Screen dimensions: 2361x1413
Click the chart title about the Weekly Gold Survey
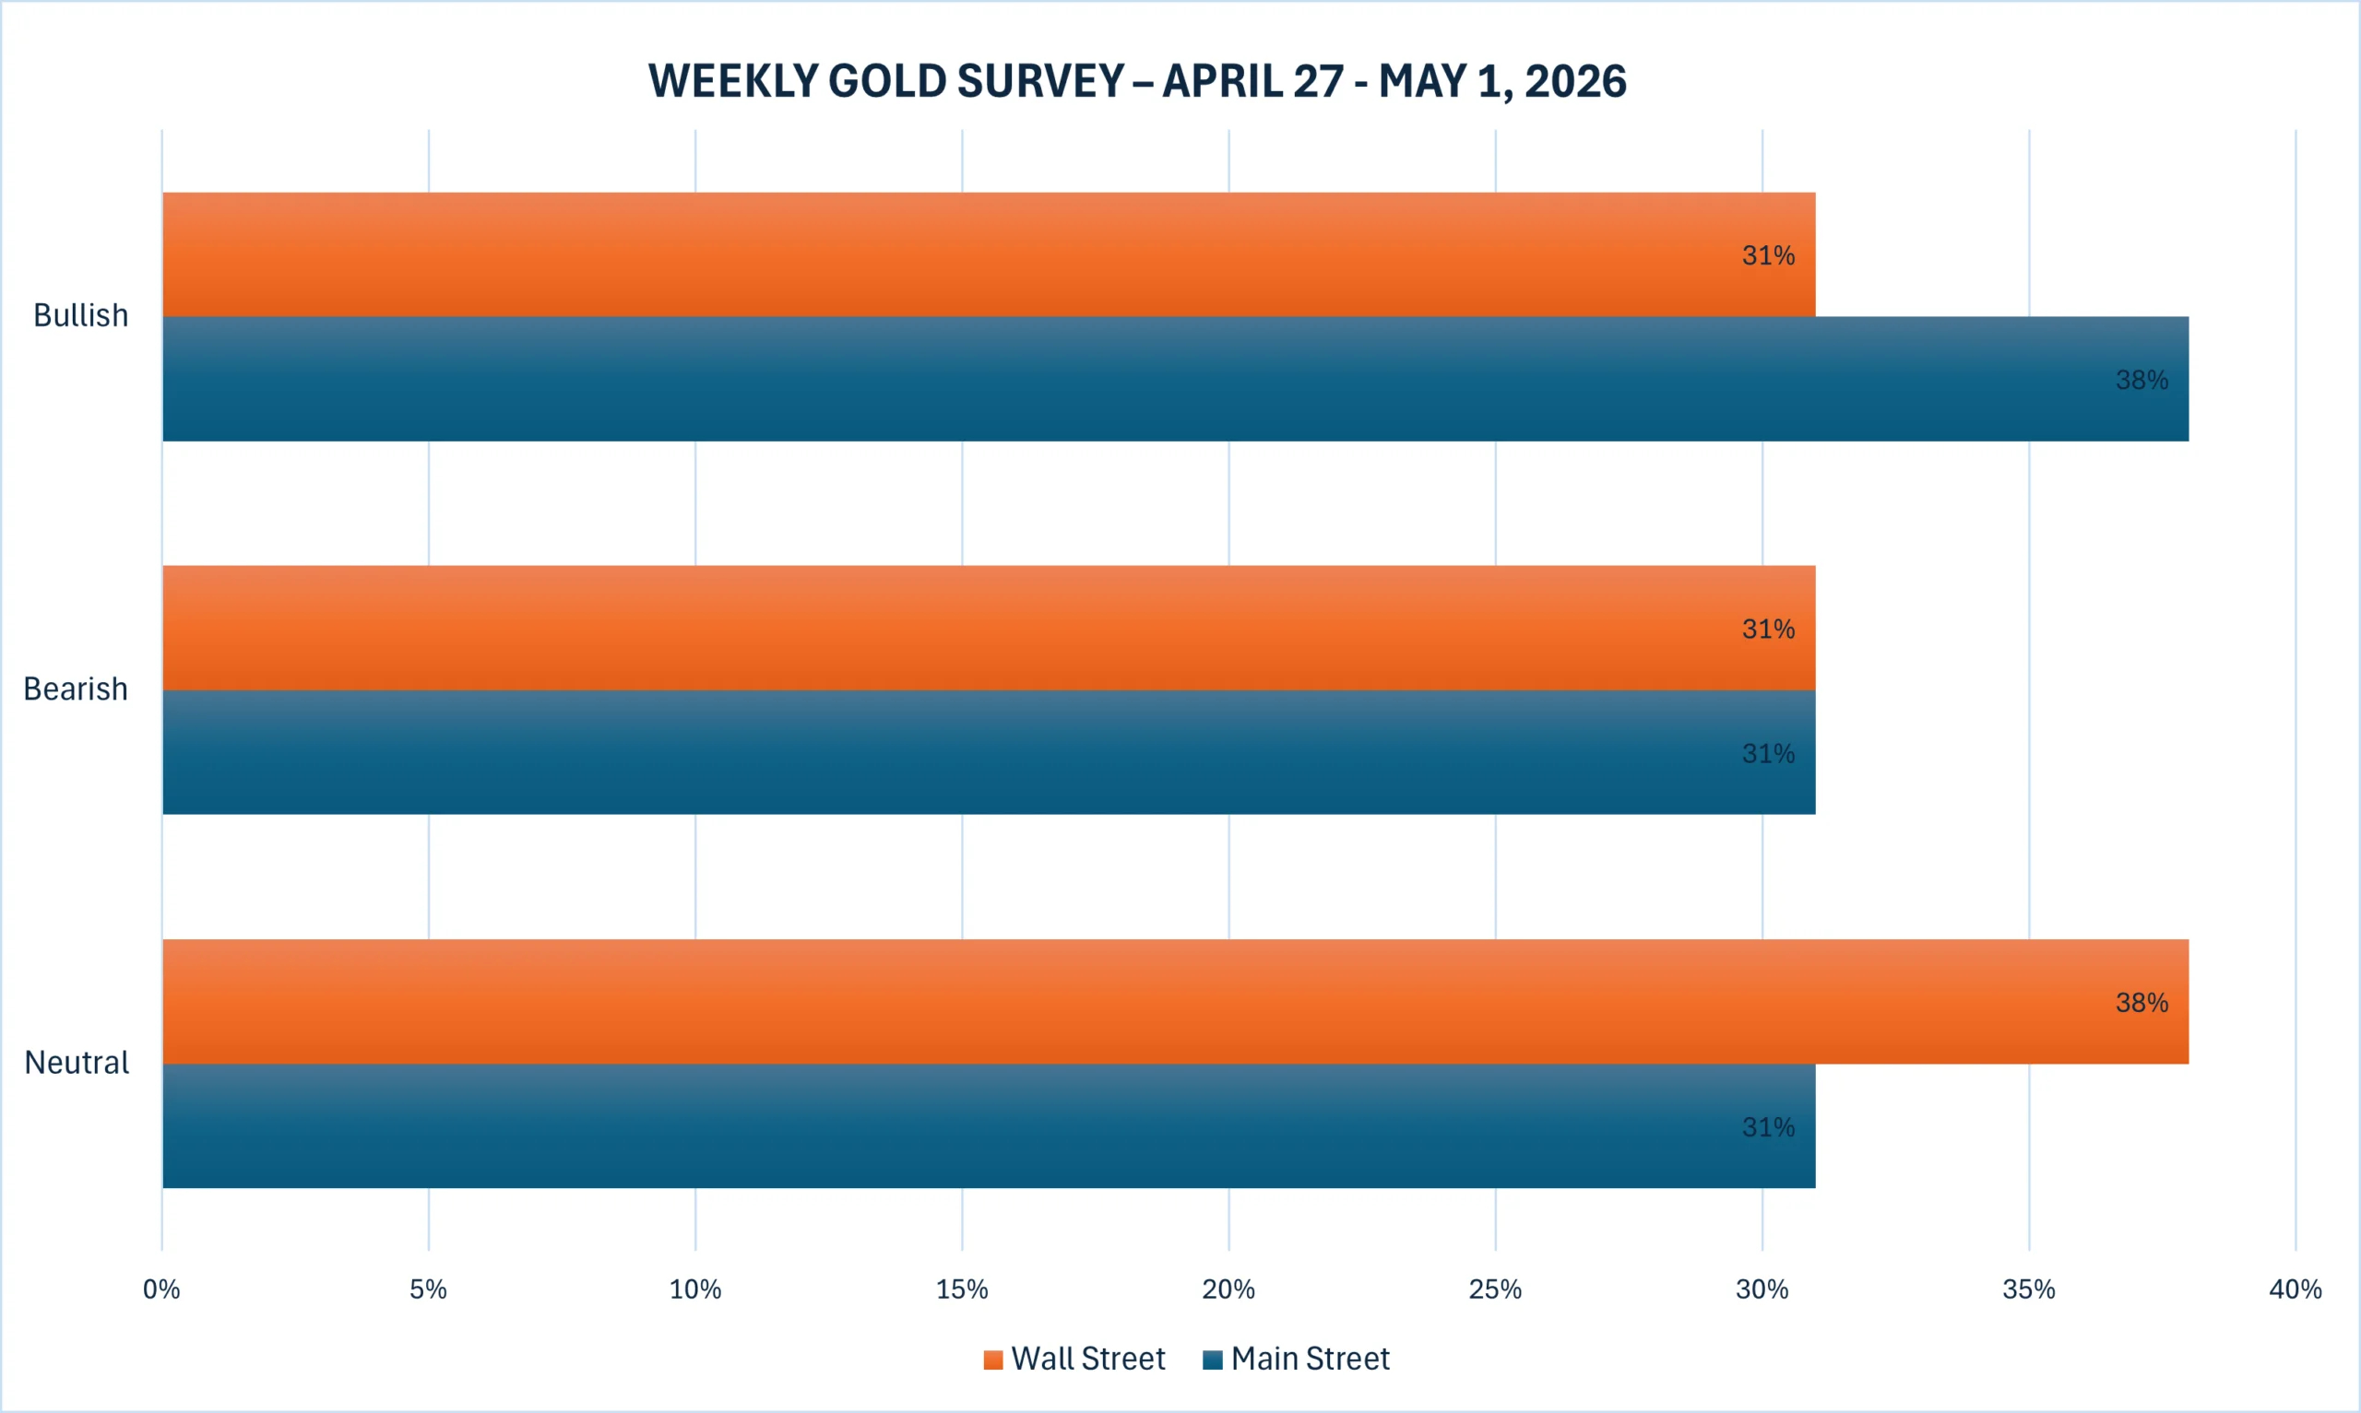coord(1137,81)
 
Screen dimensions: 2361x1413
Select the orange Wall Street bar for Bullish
coord(989,254)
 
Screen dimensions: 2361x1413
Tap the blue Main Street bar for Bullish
coord(1175,379)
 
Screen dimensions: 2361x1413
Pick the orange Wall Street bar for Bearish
coord(989,628)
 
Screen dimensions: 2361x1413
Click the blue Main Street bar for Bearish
coord(989,752)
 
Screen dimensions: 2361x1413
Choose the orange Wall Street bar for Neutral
coord(1175,1002)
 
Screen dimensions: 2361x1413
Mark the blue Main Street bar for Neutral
coord(989,1126)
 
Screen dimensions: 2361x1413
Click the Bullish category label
coord(81,315)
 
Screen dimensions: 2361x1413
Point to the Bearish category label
coord(76,689)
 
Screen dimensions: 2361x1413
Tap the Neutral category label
coord(77,1062)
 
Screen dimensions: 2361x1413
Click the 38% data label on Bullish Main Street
coord(2142,380)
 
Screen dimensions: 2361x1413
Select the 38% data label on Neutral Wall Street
coord(2142,1003)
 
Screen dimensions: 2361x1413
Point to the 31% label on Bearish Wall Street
coord(1769,629)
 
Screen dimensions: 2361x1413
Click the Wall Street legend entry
coord(1074,1359)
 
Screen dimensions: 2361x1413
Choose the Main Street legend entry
coord(1296,1359)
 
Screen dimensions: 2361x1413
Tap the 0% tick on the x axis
coord(162,1289)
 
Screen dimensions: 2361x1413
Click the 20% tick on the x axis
coord(1228,1289)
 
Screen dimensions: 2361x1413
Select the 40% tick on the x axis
coord(2296,1289)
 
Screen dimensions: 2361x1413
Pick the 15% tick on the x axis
coord(962,1289)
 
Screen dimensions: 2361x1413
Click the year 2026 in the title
coord(1575,81)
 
